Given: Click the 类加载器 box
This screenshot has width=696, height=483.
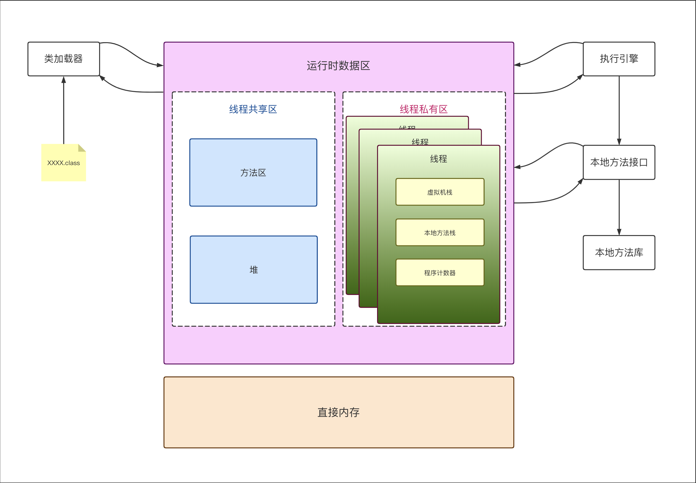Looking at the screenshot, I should click(64, 59).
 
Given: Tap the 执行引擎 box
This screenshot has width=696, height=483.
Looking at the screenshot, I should click(619, 59).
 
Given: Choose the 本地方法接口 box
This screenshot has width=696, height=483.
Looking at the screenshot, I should click(619, 163).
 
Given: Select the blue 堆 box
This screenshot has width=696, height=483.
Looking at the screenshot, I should click(253, 270).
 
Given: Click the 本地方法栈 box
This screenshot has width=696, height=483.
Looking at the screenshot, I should click(440, 233).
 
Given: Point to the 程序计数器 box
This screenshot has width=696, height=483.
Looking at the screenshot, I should click(440, 273).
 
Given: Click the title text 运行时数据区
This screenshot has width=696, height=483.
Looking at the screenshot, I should click(338, 66).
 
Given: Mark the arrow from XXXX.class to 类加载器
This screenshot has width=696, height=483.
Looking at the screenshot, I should click(64, 111).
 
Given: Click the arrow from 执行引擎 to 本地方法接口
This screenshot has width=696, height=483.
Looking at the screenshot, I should click(619, 111).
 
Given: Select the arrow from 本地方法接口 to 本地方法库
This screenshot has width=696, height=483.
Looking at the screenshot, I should click(619, 207).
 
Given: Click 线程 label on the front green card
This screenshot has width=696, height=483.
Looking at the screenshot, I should click(438, 159).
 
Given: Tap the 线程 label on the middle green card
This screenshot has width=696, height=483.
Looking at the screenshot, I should click(420, 141).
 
